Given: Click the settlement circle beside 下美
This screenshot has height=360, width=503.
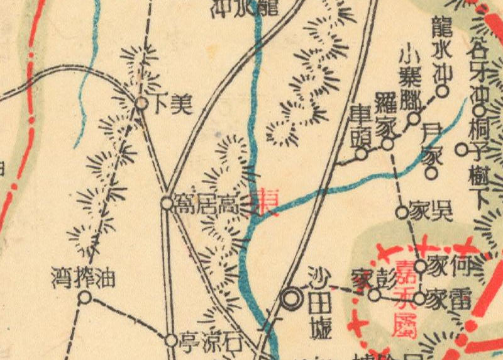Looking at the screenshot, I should [142, 103].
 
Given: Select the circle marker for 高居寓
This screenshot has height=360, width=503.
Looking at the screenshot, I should [167, 203].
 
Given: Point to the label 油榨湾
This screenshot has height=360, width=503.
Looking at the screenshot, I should [84, 278].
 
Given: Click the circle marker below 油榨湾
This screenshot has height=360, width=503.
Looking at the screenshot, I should [84, 297].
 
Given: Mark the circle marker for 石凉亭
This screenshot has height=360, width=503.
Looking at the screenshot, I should [171, 340].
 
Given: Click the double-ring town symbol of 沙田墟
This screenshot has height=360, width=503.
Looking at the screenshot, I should [291, 298].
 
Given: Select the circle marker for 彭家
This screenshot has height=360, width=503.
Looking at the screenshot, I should [374, 295].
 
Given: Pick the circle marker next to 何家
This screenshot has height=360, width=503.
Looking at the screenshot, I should [420, 267].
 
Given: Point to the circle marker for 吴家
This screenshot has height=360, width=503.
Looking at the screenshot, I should [402, 212].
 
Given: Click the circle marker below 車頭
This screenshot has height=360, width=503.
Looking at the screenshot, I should [361, 153].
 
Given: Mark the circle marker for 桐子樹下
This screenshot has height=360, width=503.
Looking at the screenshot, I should [462, 150].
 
